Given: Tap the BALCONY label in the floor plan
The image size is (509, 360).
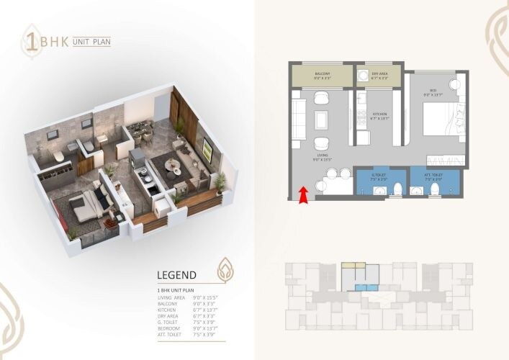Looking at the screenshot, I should tap(322, 73).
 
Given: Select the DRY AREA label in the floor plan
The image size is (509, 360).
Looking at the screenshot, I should tap(379, 73).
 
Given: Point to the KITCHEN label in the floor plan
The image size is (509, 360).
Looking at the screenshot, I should tap(379, 114).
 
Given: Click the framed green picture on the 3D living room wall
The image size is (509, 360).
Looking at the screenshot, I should tap(207, 149).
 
